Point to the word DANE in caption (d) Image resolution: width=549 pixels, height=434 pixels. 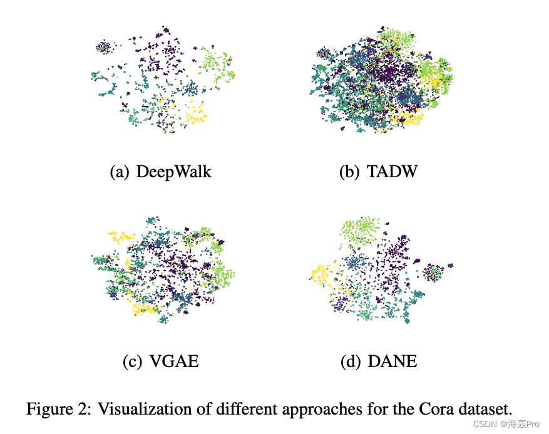(393, 361)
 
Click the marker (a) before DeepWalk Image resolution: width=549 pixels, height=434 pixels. (120, 172)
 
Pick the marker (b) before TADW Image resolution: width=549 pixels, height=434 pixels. (349, 172)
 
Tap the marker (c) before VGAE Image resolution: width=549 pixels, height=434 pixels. (131, 361)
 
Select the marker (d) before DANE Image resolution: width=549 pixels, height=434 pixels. (351, 361)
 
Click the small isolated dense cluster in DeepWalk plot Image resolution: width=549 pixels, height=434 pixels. (103, 47)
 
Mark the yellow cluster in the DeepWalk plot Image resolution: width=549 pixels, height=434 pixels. (197, 115)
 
